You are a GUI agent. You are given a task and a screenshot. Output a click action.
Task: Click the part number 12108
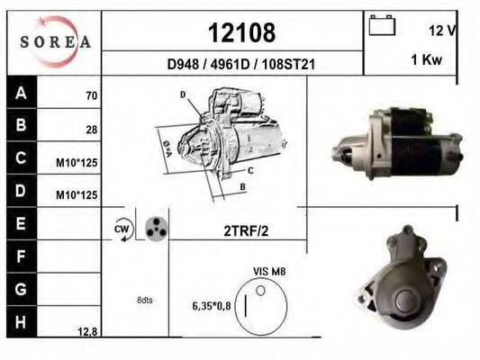241,32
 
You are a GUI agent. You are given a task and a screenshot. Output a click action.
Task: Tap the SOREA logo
55,41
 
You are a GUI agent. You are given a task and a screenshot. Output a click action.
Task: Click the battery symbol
382,25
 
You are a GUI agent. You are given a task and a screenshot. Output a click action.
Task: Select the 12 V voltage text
442,31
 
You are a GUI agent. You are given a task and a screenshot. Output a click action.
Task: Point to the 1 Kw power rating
427,59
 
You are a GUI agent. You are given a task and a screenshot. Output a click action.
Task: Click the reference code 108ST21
288,65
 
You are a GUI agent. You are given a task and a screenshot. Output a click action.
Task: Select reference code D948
183,65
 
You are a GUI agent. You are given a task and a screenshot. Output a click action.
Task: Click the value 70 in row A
92,95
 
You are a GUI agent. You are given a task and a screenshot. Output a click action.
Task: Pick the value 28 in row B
92,130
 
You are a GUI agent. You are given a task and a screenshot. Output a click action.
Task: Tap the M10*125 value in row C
77,163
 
